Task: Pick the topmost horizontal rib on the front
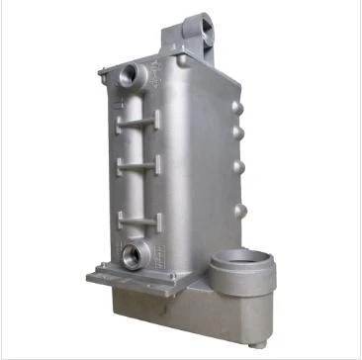pyautogui.click(x=136, y=122)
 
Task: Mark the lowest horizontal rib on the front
pyautogui.click(x=136, y=216)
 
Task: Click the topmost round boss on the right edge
pyautogui.click(x=237, y=104)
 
